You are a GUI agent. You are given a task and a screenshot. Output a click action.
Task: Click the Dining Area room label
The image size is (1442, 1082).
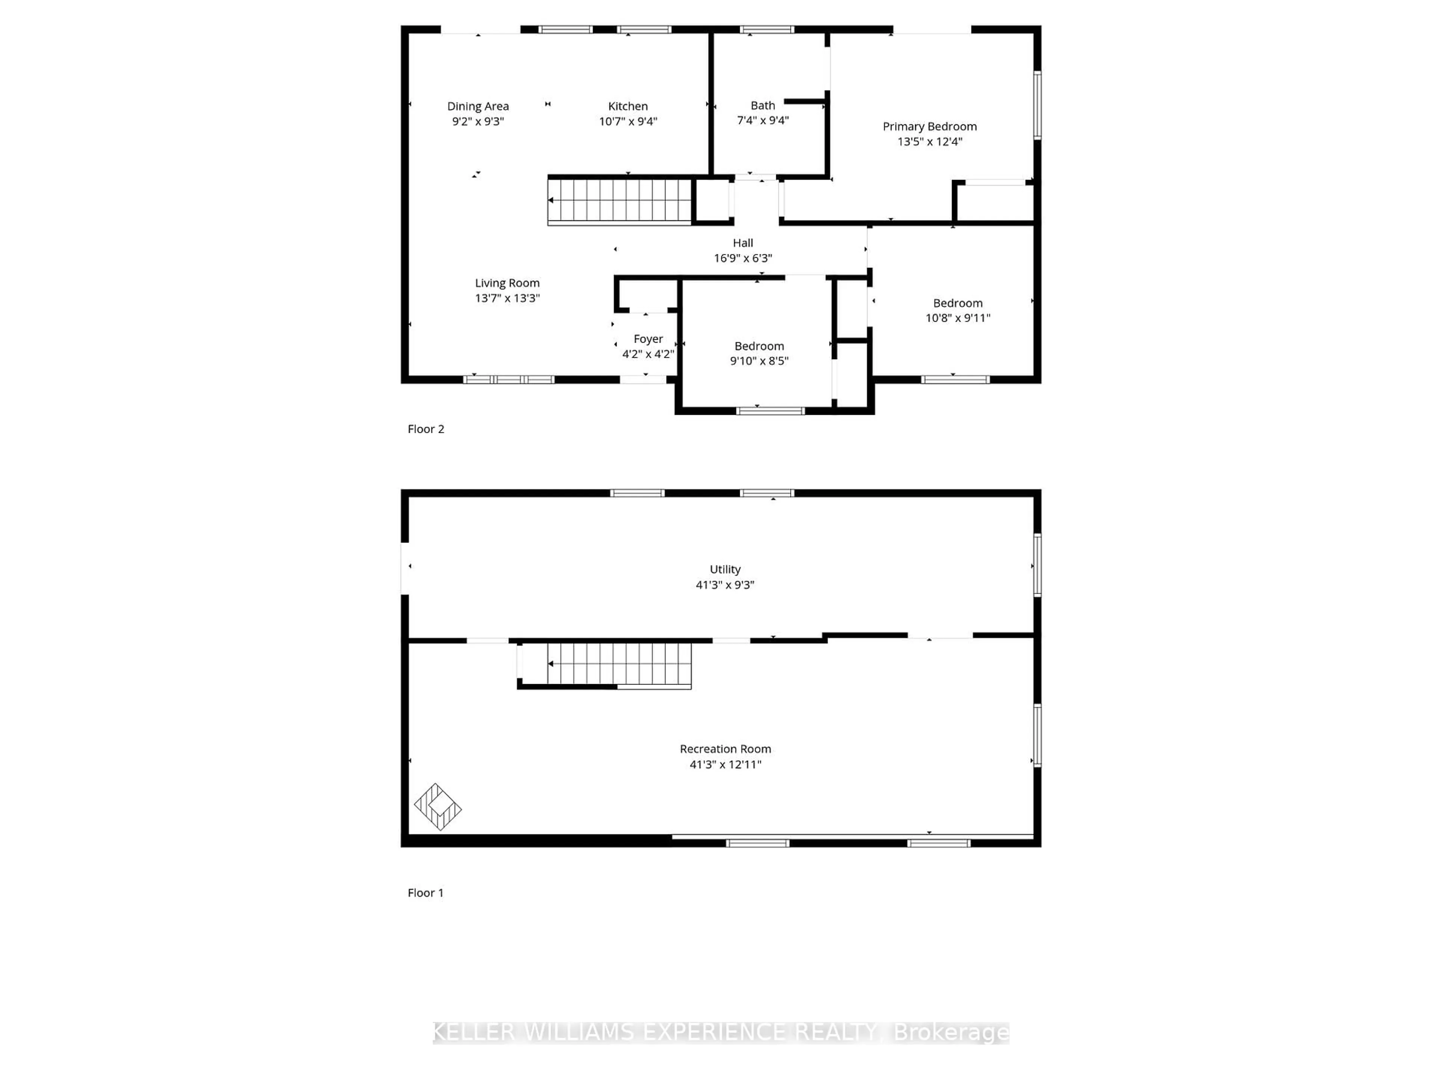pyautogui.click(x=478, y=106)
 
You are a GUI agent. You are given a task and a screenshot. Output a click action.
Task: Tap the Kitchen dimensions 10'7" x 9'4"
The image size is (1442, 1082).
pyautogui.click(x=628, y=121)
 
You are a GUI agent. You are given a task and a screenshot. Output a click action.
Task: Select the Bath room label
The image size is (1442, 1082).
pyautogui.click(x=763, y=106)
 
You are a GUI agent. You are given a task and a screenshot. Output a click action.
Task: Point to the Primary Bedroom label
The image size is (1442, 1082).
pyautogui.click(x=930, y=127)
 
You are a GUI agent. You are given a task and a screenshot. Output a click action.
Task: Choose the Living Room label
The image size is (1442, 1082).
pyautogui.click(x=507, y=283)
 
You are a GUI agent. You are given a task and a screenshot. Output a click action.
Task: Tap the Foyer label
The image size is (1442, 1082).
pyautogui.click(x=648, y=339)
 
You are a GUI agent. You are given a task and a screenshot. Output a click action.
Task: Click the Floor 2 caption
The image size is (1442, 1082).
pyautogui.click(x=426, y=429)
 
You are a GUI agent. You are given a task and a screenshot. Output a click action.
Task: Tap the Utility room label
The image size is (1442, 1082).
pyautogui.click(x=725, y=570)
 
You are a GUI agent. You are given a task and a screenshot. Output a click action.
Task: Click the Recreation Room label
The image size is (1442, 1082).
pyautogui.click(x=725, y=749)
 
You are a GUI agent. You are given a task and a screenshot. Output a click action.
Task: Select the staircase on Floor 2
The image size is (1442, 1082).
pyautogui.click(x=619, y=200)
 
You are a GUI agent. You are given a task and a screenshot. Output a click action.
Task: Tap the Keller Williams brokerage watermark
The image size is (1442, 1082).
pyautogui.click(x=721, y=1032)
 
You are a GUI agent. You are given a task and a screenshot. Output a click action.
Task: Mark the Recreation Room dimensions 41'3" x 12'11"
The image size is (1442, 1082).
pyautogui.click(x=725, y=765)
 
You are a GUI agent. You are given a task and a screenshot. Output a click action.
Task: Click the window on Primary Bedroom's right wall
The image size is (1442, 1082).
pyautogui.click(x=1037, y=105)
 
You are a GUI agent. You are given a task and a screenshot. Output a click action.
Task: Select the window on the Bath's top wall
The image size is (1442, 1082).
pyautogui.click(x=767, y=29)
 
